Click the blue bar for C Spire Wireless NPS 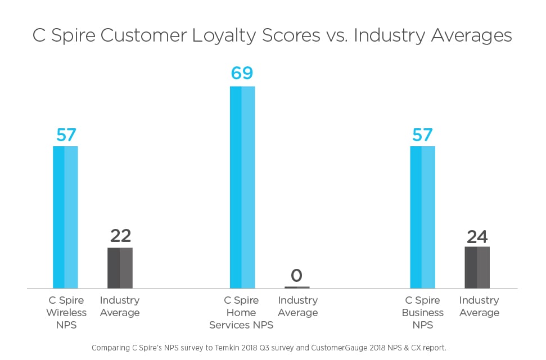(x=65, y=217)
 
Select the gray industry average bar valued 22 (x=120, y=268)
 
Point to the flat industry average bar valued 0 (x=297, y=287)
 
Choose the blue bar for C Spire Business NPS (x=422, y=217)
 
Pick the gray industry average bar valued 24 (x=477, y=267)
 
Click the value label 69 (x=242, y=73)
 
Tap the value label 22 (x=120, y=236)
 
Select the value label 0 (x=297, y=276)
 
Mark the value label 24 (x=477, y=236)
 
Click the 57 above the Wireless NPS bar (x=66, y=135)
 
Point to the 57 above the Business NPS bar (x=422, y=135)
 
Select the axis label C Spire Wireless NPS (x=66, y=312)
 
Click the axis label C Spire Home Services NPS (x=241, y=312)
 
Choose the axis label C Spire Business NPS (x=422, y=312)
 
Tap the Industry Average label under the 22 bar (x=120, y=307)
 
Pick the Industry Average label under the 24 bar (x=479, y=307)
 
